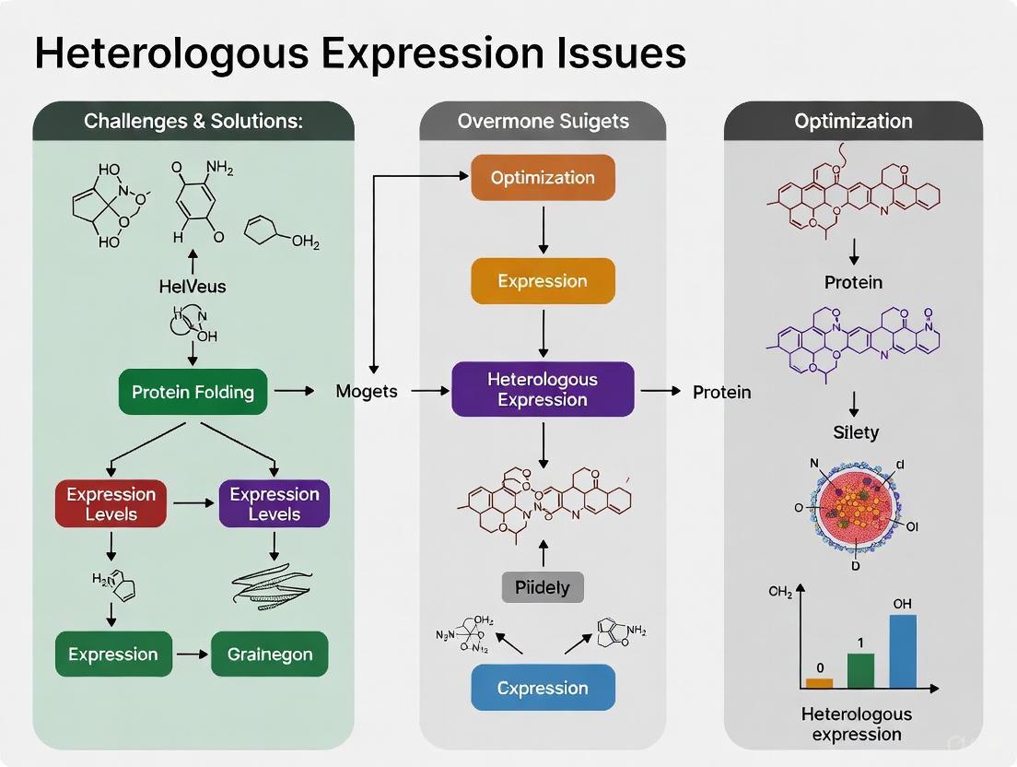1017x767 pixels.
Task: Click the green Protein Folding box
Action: [x=193, y=392]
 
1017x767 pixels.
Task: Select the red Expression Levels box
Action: [x=111, y=503]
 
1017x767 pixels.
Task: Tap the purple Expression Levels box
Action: [x=274, y=503]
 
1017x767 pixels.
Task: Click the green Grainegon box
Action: [x=269, y=655]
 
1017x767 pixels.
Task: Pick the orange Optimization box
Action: [x=543, y=178]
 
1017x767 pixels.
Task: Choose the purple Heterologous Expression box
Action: [x=543, y=389]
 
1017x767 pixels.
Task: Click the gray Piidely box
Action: [x=543, y=587]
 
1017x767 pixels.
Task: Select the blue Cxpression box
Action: [x=543, y=688]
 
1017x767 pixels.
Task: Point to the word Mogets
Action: [x=367, y=391]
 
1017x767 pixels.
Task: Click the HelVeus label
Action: [x=192, y=286]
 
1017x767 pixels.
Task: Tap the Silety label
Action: [x=856, y=431]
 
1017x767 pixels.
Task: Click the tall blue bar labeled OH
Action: [x=903, y=651]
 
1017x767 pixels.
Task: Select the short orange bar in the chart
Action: [x=819, y=683]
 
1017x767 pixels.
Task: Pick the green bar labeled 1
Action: [x=859, y=670]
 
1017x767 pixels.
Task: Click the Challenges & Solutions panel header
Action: [x=193, y=121]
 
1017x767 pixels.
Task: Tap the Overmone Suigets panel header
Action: [x=543, y=121]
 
